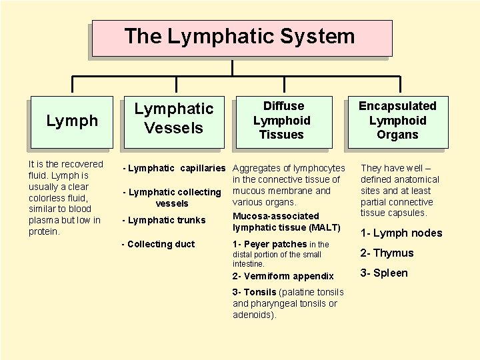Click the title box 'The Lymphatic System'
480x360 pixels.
coord(241,37)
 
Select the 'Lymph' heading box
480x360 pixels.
coord(72,121)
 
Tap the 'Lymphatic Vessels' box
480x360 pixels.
coord(174,118)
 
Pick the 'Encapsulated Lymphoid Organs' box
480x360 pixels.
coord(397,121)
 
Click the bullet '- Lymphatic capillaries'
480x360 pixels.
coord(174,168)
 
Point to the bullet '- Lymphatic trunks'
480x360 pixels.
coord(163,220)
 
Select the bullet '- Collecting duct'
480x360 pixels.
coord(158,244)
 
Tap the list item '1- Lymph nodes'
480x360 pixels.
coord(401,233)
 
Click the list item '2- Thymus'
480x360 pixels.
coord(387,253)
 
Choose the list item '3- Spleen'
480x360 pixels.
coord(383,273)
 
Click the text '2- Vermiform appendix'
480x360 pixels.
coord(283,276)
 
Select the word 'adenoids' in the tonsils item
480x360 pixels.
coord(253,315)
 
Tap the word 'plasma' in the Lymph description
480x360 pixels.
coord(44,220)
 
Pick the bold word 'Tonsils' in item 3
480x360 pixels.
coord(261,292)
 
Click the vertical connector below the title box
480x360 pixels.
coord(231,67)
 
